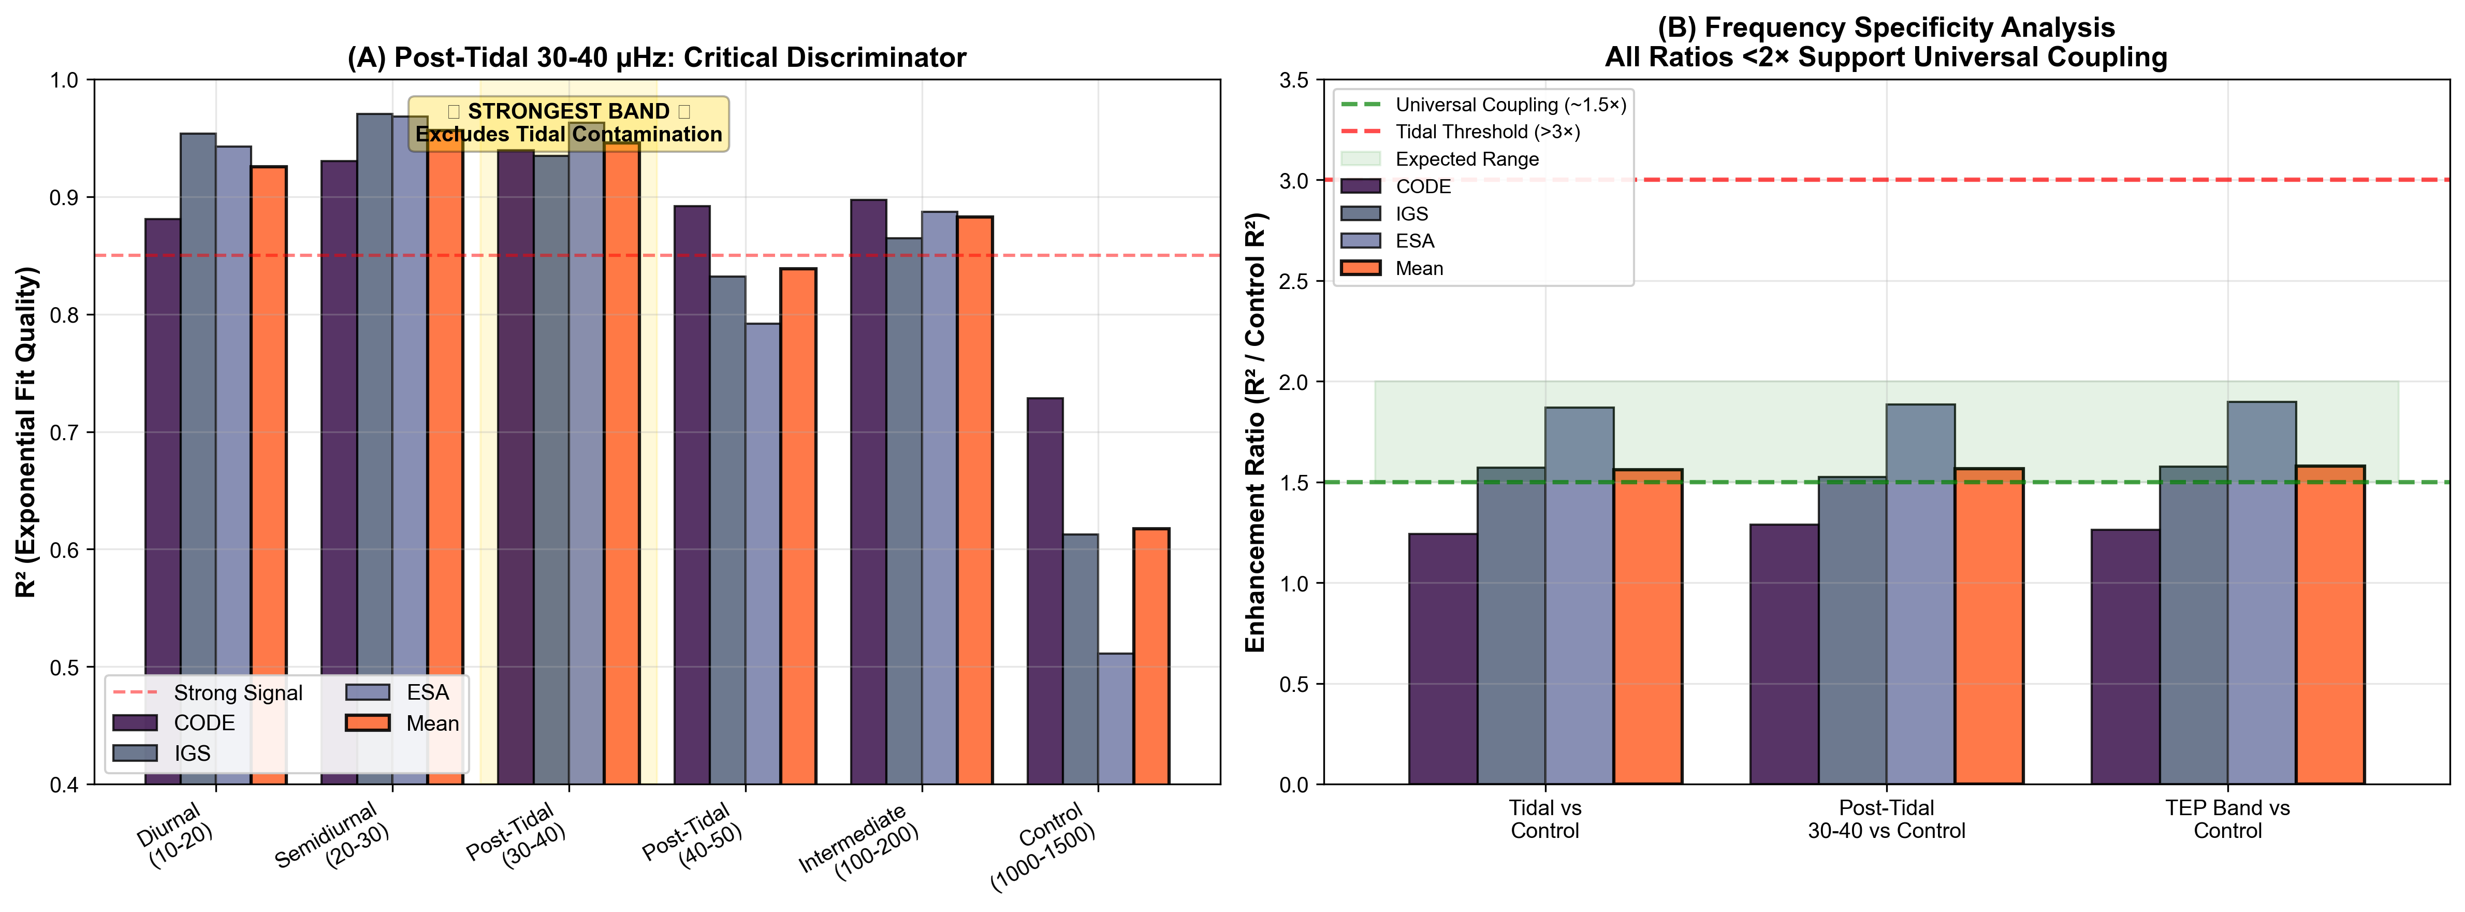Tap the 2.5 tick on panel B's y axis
[x=1294, y=281]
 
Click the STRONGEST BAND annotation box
[x=568, y=123]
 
